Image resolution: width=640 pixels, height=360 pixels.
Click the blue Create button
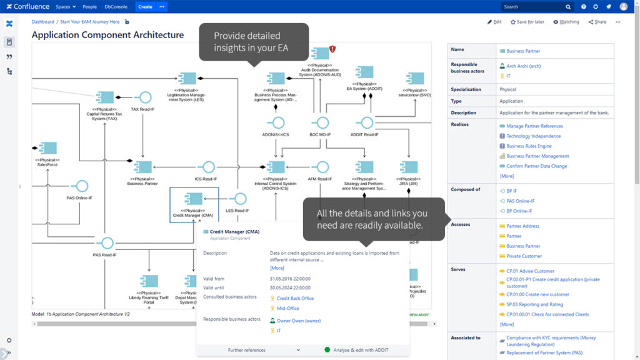point(145,6)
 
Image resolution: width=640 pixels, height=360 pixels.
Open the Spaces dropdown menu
point(65,6)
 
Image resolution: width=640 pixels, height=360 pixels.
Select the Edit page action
point(494,22)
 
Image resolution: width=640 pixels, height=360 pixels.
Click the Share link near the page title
point(597,22)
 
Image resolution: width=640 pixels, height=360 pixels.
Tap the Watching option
point(566,22)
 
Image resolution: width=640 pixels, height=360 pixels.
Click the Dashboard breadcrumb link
point(43,22)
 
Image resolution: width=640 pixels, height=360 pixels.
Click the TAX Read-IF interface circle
point(145,97)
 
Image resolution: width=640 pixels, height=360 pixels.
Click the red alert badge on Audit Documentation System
point(332,49)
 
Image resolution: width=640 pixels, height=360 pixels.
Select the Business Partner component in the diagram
point(142,167)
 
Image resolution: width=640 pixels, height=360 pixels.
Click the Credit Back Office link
point(295,298)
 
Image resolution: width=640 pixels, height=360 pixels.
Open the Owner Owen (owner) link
point(299,321)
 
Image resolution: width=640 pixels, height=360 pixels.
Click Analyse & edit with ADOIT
point(360,350)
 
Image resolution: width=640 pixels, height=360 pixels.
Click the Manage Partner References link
point(534,126)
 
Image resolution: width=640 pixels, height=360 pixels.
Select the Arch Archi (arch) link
point(523,66)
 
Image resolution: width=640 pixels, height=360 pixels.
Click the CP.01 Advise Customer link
point(530,271)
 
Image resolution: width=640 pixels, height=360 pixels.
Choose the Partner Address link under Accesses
point(522,226)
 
